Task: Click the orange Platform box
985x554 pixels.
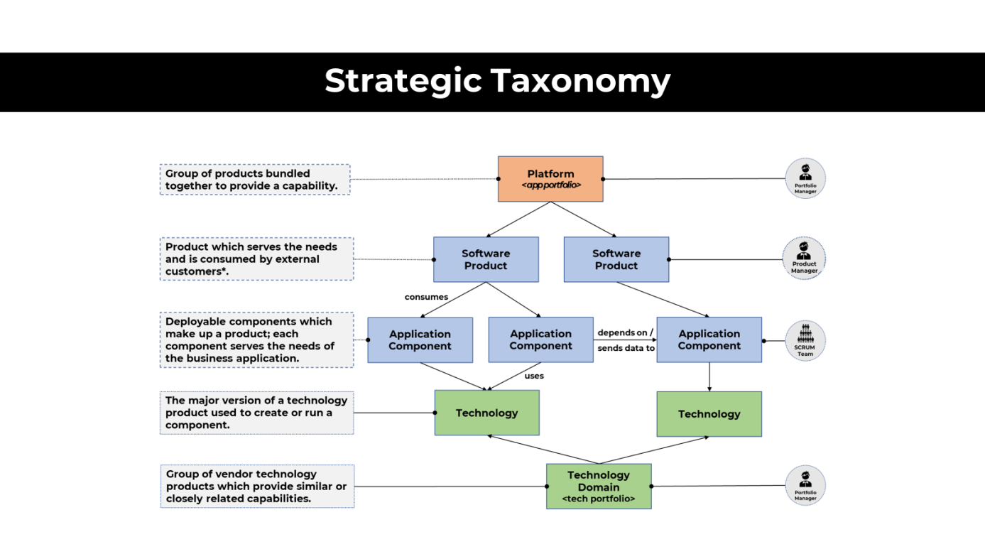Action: pyautogui.click(x=550, y=178)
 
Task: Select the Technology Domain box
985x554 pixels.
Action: pyautogui.click(x=599, y=486)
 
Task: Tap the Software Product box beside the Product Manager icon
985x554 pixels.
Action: pyautogui.click(x=616, y=259)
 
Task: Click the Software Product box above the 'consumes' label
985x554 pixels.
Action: pyautogui.click(x=486, y=259)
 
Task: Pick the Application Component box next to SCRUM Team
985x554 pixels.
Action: pyautogui.click(x=709, y=340)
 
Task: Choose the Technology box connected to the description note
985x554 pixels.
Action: pyautogui.click(x=486, y=413)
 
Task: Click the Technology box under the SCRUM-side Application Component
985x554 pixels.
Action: pyautogui.click(x=709, y=413)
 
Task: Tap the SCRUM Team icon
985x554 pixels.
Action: pyautogui.click(x=805, y=340)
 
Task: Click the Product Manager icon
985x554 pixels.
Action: pyautogui.click(x=804, y=259)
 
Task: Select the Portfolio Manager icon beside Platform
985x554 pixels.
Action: pyautogui.click(x=805, y=178)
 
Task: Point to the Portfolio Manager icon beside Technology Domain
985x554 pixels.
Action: pyautogui.click(x=805, y=486)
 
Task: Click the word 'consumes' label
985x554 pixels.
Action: pyautogui.click(x=426, y=297)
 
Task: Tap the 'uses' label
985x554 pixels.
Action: pyautogui.click(x=534, y=376)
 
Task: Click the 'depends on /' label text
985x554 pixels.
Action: pyautogui.click(x=625, y=332)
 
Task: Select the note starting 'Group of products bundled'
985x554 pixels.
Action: pyautogui.click(x=255, y=180)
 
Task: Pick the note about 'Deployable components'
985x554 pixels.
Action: pyautogui.click(x=256, y=340)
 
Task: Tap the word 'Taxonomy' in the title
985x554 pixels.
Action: pyautogui.click(x=582, y=81)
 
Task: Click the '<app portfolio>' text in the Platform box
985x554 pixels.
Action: pyautogui.click(x=551, y=185)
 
